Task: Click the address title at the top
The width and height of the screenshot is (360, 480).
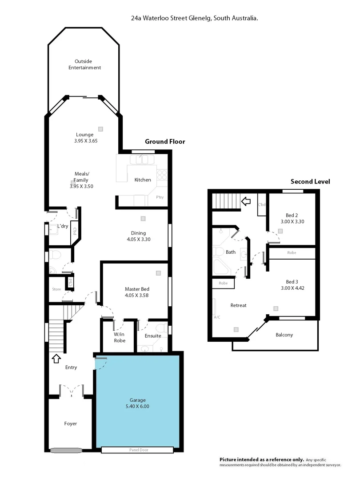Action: click(x=195, y=19)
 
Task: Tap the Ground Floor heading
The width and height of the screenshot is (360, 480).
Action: click(x=165, y=141)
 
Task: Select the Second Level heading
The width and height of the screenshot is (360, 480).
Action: click(x=310, y=181)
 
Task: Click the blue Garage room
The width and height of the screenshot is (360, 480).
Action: click(x=138, y=400)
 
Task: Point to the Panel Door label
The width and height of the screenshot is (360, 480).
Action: click(x=137, y=450)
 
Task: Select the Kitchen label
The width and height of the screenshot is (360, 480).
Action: click(x=143, y=180)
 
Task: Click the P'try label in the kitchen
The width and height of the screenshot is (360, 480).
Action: click(x=159, y=197)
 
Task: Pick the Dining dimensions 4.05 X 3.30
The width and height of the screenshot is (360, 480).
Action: click(x=138, y=239)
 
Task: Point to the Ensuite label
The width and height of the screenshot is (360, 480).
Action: click(x=153, y=336)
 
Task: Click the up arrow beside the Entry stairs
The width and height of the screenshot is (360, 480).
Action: click(x=56, y=358)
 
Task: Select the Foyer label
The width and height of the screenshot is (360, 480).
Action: click(x=70, y=424)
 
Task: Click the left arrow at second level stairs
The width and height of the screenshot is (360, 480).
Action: click(x=245, y=201)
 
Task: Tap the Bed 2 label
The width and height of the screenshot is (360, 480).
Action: click(x=292, y=215)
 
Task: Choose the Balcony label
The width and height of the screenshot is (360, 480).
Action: click(x=284, y=335)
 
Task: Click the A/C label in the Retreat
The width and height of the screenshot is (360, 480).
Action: click(x=217, y=317)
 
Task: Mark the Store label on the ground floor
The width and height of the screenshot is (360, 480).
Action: click(x=56, y=289)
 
